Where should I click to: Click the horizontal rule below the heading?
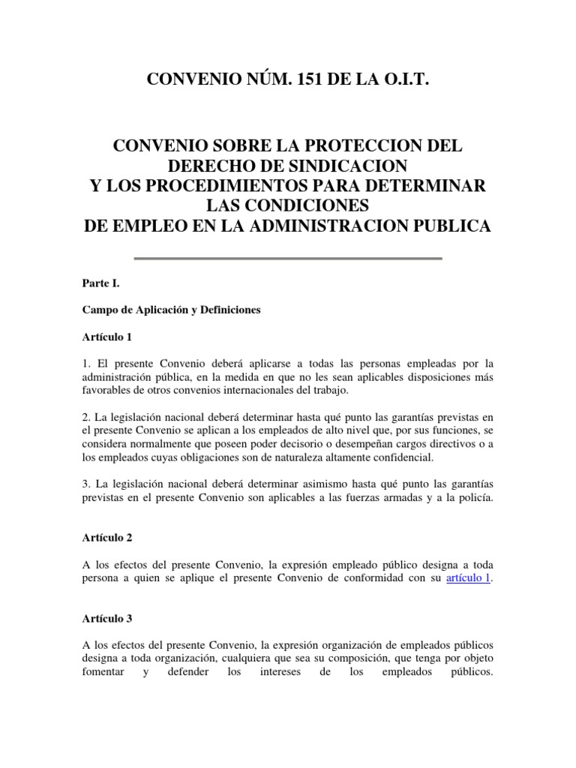pos(288,259)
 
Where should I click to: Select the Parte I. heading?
pos(101,284)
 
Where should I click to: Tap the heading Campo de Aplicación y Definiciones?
pos(171,310)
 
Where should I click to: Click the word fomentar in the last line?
pos(104,673)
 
